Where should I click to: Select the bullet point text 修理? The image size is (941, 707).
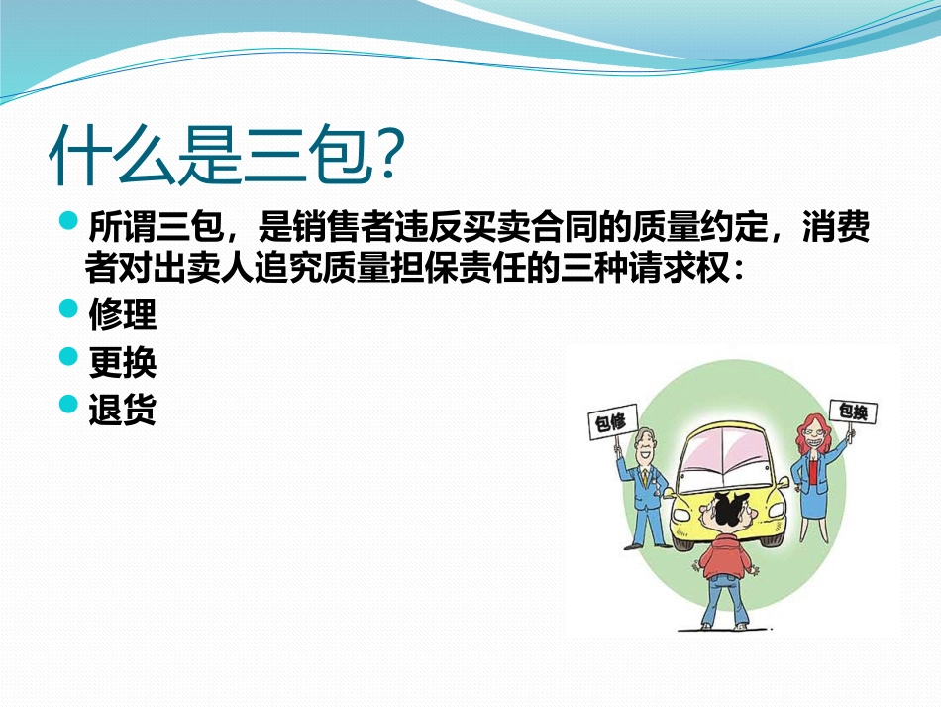(122, 315)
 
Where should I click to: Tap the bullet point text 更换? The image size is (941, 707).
(122, 363)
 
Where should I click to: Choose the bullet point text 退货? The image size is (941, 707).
(122, 410)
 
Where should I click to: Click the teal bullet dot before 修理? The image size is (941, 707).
(68, 311)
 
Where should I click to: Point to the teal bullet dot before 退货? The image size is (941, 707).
(68, 405)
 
